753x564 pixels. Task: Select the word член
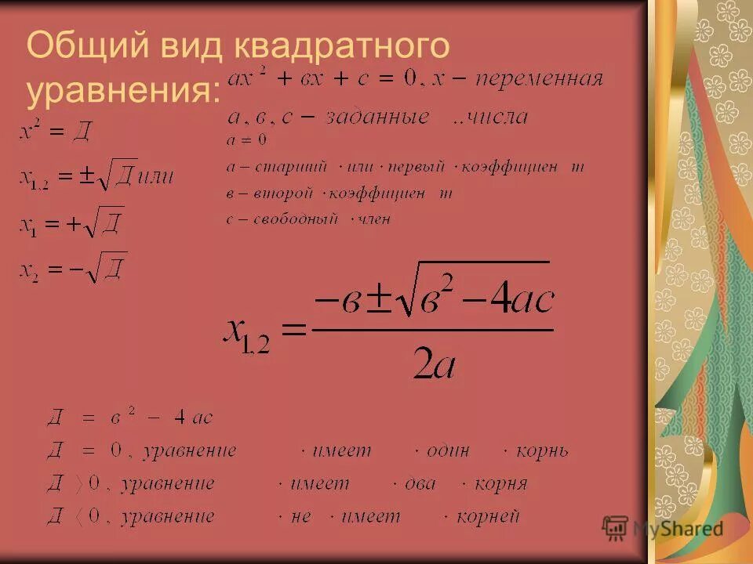pyautogui.click(x=374, y=219)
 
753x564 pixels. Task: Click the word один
pyautogui.click(x=448, y=451)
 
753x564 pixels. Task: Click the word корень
pyautogui.click(x=540, y=451)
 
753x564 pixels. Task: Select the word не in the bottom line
pyautogui.click(x=300, y=516)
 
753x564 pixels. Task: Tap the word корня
pyautogui.click(x=500, y=484)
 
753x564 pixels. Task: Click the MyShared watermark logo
pyautogui.click(x=663, y=528)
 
